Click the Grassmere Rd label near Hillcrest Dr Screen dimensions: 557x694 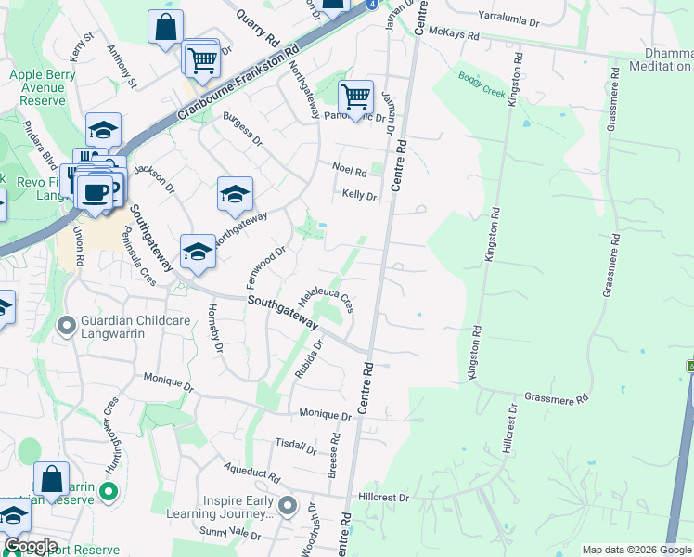click(x=558, y=399)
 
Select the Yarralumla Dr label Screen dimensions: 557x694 click(x=508, y=16)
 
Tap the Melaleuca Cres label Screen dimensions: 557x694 click(x=326, y=299)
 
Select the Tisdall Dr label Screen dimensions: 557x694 click(x=297, y=446)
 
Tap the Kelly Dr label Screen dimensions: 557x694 click(x=359, y=195)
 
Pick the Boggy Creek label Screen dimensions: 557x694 click(x=481, y=81)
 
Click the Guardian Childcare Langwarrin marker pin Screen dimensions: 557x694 click(x=66, y=326)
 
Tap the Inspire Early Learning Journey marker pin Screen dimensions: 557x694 click(x=288, y=506)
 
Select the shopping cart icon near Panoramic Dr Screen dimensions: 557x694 click(x=355, y=97)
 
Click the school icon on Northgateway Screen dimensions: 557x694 click(x=235, y=194)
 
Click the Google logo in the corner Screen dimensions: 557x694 click(x=31, y=546)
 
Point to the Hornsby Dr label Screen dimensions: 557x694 click(x=216, y=329)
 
